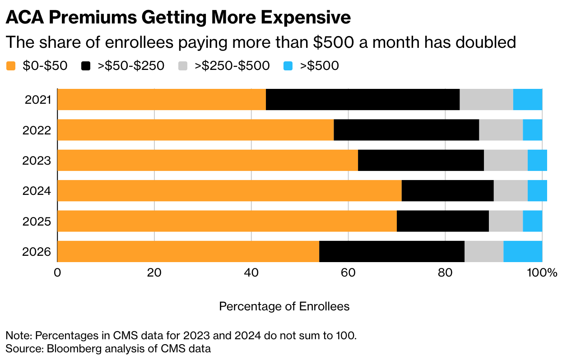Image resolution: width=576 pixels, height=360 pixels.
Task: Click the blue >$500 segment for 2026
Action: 523,251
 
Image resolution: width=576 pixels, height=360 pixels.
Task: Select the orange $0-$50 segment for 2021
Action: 162,99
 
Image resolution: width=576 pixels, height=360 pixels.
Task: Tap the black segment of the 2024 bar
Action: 447,190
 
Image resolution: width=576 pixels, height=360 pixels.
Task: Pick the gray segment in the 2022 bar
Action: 501,130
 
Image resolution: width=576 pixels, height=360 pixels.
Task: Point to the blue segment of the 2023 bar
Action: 537,160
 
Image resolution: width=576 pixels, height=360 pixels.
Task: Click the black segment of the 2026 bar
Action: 392,251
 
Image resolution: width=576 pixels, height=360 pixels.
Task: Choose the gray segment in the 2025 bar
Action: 506,221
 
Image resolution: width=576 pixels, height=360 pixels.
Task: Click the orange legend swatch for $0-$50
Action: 11,66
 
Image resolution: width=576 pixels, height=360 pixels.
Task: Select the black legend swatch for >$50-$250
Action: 86,66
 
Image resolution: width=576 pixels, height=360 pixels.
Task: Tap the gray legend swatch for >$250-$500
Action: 184,66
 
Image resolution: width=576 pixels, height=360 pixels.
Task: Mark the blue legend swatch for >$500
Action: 288,66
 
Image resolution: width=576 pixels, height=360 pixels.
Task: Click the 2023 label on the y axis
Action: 38,161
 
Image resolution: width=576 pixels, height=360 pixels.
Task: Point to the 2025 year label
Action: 38,222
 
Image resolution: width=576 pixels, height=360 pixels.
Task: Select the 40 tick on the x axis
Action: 251,273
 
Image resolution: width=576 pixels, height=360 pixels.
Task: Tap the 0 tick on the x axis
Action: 57,273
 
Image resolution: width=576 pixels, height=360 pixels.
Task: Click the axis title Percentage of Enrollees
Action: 284,306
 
